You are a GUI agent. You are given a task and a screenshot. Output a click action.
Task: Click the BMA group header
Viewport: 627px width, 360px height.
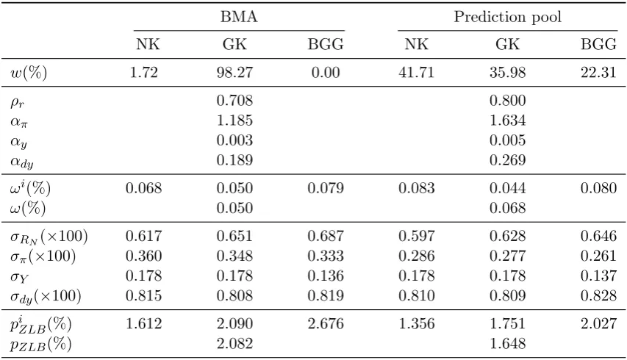(239, 17)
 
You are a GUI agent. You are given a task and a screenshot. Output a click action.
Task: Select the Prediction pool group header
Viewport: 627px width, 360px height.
(507, 17)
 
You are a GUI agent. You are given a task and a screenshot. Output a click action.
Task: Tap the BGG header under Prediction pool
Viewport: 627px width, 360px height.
(598, 44)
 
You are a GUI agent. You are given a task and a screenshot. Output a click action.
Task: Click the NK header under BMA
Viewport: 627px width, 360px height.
(148, 44)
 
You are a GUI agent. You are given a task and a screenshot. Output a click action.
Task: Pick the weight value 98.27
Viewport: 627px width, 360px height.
(234, 72)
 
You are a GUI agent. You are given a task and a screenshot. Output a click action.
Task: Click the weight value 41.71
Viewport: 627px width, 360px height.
(416, 72)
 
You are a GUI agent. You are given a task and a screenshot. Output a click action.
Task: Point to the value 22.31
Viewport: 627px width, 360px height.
(598, 72)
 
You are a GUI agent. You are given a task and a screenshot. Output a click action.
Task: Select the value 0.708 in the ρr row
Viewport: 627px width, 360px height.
(234, 101)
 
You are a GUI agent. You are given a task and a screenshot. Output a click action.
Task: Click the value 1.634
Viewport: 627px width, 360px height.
(507, 120)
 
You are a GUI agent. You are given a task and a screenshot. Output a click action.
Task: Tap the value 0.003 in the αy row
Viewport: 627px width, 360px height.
(234, 140)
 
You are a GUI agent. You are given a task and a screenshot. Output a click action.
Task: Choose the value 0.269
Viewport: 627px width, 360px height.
(507, 160)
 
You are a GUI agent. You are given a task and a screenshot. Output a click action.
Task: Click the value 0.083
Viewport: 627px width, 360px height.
(416, 188)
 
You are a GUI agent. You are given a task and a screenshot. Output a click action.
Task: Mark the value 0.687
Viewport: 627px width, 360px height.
(326, 236)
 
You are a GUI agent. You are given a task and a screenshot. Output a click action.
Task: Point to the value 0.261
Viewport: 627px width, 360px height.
(598, 256)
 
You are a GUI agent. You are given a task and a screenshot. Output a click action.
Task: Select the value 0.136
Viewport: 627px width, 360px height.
(326, 276)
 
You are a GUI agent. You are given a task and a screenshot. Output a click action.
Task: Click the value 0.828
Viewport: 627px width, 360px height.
(598, 295)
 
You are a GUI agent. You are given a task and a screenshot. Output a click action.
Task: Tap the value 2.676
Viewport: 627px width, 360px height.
(326, 324)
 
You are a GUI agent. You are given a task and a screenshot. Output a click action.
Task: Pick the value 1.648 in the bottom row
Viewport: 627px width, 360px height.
(507, 344)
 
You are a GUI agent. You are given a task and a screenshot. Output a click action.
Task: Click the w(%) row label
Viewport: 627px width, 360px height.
(29, 73)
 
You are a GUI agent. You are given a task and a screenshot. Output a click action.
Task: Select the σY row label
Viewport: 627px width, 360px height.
(19, 277)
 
